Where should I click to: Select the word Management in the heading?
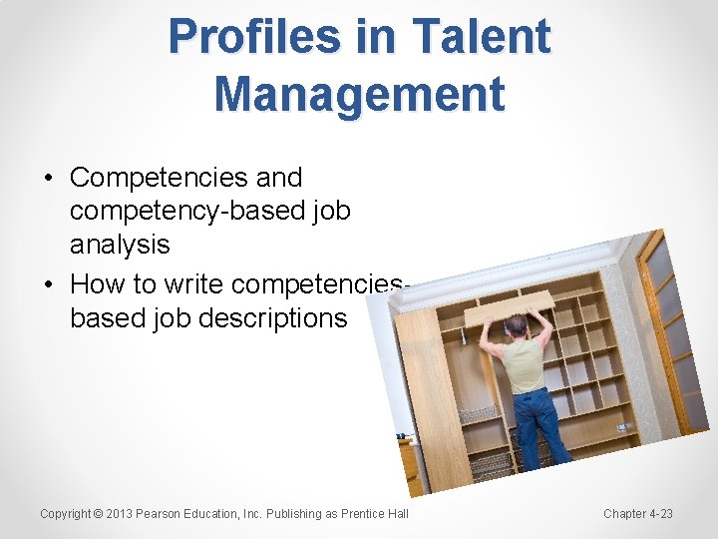(359, 94)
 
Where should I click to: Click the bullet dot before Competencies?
(48, 179)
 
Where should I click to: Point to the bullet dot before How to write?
(48, 285)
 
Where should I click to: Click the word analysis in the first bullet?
(120, 245)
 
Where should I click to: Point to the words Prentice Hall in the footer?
(376, 514)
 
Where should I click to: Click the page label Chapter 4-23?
(638, 514)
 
